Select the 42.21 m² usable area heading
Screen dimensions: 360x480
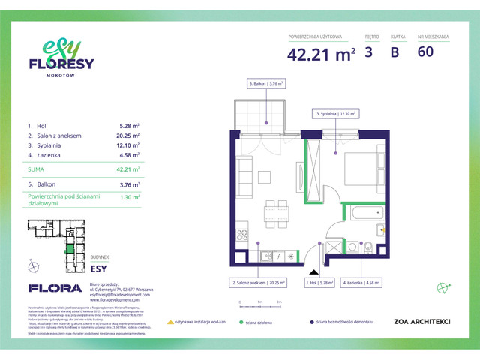[x=320, y=53]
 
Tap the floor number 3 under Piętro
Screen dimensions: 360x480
[x=368, y=52]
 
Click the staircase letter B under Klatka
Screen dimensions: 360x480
[x=394, y=52]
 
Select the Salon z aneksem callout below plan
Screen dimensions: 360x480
[x=256, y=283]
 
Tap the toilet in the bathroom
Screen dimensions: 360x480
[x=368, y=246]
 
